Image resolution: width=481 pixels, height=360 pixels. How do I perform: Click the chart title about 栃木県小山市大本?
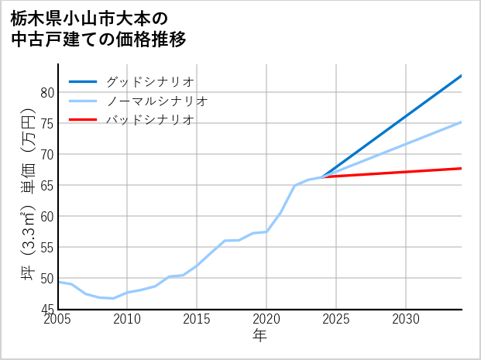(98, 28)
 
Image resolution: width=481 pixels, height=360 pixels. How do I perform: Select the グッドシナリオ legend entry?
(149, 81)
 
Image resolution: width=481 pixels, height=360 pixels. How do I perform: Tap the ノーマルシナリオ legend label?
(156, 101)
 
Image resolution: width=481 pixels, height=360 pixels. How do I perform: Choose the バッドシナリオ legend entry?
(149, 120)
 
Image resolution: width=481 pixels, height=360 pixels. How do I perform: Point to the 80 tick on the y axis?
(46, 93)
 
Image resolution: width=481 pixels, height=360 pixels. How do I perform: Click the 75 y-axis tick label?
(46, 124)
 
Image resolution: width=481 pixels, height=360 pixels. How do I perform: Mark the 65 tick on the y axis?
(46, 186)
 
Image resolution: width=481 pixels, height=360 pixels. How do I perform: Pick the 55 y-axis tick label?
(46, 248)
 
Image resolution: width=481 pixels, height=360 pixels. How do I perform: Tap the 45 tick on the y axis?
(46, 309)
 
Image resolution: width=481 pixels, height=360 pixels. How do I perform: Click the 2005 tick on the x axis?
(58, 319)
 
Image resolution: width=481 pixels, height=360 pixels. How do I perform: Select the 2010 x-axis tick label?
(127, 319)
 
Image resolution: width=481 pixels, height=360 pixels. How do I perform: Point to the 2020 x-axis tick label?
(266, 319)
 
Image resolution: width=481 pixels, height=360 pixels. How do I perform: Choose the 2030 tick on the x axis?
(406, 319)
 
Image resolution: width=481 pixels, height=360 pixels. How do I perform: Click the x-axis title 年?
(260, 336)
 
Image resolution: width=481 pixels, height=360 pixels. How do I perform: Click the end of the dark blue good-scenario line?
(462, 76)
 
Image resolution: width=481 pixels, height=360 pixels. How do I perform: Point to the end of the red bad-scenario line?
(462, 168)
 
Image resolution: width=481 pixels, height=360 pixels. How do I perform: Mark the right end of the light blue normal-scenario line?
(462, 122)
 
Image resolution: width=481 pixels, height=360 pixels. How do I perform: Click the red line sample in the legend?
(83, 120)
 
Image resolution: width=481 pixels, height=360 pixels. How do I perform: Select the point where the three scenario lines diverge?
(322, 177)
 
